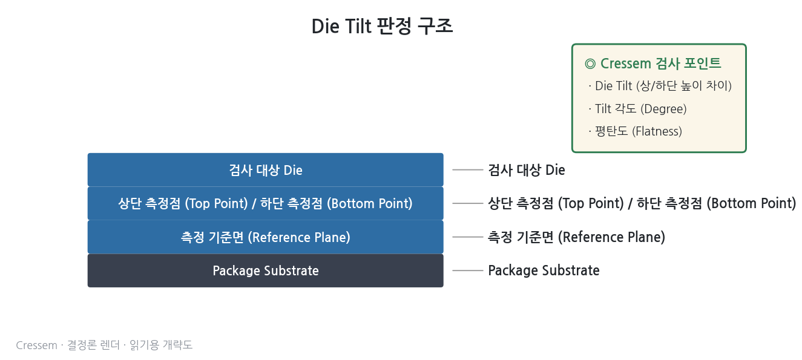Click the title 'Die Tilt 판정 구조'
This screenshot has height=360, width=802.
[x=382, y=27]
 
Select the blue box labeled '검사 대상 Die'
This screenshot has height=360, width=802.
[x=265, y=169]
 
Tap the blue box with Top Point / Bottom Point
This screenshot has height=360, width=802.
[x=265, y=203]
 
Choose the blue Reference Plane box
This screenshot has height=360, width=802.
[x=265, y=237]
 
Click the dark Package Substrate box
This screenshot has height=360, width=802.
[x=265, y=270]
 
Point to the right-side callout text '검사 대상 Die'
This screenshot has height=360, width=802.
[x=527, y=170]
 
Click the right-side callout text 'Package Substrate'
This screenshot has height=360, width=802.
[x=544, y=270]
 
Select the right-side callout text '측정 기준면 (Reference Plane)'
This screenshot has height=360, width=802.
[x=576, y=237]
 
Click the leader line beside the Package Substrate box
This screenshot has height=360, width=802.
[x=468, y=270]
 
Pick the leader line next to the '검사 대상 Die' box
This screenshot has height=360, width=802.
[x=468, y=169]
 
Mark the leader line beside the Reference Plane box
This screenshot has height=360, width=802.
[x=468, y=237]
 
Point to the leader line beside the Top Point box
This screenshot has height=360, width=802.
[x=468, y=203]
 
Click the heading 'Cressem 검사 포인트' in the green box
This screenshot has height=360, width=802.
[x=660, y=64]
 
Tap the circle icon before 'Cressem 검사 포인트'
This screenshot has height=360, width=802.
[x=590, y=64]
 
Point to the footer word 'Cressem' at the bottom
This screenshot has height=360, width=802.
[x=36, y=345]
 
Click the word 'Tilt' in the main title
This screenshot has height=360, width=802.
[x=358, y=27]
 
